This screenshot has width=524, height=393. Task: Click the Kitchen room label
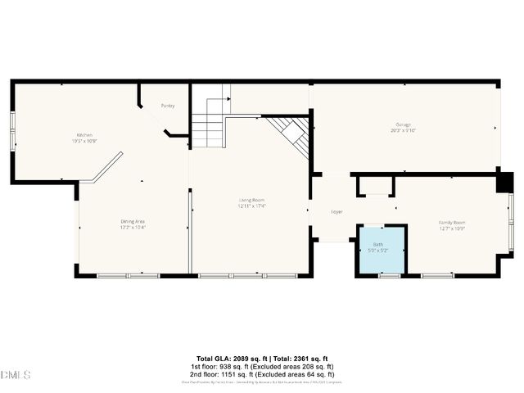(84, 134)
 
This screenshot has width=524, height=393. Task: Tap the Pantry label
(168, 106)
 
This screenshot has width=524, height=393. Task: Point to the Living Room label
(251, 200)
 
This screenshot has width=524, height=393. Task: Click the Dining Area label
(133, 220)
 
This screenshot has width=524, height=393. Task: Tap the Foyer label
(337, 211)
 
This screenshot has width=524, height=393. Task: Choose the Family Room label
(452, 223)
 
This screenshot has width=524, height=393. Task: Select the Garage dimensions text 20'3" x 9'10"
(404, 129)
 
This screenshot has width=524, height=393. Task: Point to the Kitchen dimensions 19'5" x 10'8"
(85, 140)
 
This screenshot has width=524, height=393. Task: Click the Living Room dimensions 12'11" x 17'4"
(252, 206)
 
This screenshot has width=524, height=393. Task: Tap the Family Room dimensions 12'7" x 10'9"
(452, 228)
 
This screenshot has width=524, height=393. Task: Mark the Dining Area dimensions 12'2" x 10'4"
(133, 226)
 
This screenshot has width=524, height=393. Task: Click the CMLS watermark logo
(16, 375)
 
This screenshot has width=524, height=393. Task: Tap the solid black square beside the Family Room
(505, 181)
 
